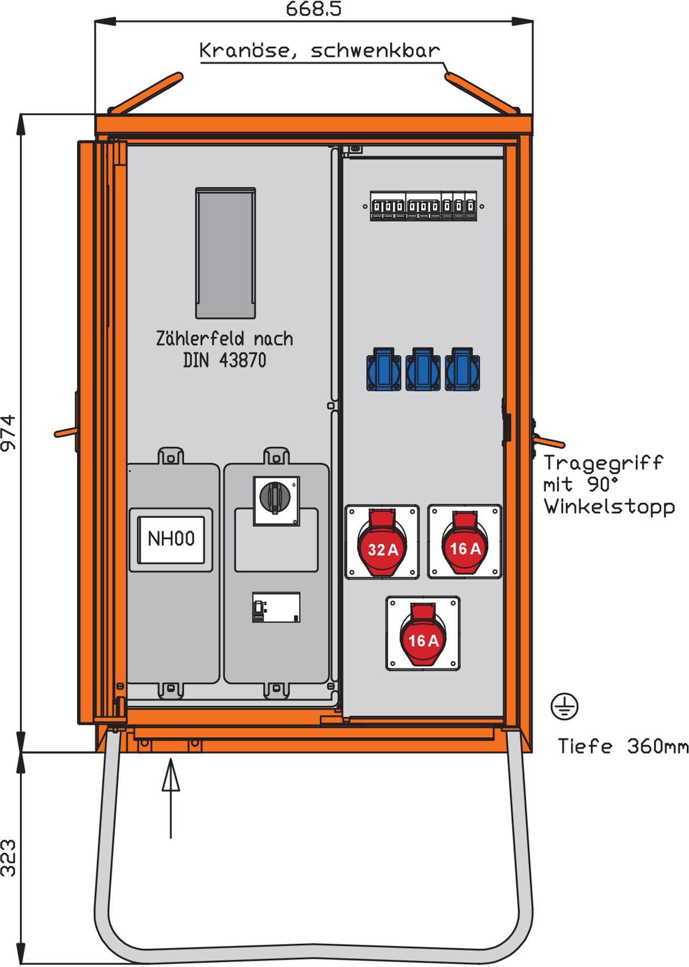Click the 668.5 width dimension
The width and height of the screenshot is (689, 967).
tap(314, 9)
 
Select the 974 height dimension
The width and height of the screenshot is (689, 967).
tap(9, 433)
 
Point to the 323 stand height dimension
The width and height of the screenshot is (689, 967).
tap(9, 858)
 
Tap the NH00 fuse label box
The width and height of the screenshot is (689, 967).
tap(171, 539)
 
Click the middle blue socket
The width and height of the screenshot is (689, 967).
tap(423, 370)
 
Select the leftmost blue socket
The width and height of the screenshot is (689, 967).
tap(383, 370)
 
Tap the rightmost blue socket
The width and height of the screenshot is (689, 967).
tap(462, 370)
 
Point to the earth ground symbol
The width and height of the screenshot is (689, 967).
tap(565, 706)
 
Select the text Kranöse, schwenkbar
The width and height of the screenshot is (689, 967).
tap(319, 50)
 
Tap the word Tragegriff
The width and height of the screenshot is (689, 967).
tap(603, 463)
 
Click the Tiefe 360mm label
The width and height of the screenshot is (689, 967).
tap(622, 746)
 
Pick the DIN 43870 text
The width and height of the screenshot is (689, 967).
tap(224, 361)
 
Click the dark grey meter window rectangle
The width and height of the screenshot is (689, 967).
tap(225, 253)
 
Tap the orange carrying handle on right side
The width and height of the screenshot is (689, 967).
tap(549, 441)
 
